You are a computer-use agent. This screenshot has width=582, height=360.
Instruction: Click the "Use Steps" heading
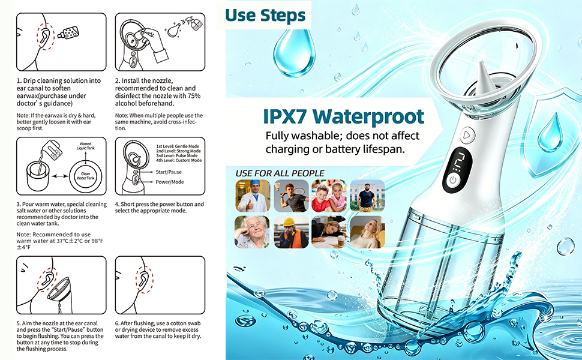tap(265, 16)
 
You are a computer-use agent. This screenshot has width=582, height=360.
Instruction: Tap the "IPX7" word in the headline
tap(285, 116)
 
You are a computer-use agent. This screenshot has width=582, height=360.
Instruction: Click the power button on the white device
tap(452, 181)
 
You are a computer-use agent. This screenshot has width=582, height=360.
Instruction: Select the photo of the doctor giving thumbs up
tap(253, 196)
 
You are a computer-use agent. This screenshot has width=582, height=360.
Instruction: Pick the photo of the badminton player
tap(292, 196)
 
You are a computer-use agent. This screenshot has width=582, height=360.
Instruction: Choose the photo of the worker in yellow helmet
tap(292, 232)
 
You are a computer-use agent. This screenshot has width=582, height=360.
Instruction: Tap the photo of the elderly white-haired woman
tap(253, 232)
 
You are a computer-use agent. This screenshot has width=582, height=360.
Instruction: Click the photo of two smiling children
tap(329, 196)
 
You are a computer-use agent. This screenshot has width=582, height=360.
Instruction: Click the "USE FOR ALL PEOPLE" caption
tap(280, 173)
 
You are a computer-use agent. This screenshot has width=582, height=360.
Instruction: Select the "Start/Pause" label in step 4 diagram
tap(169, 172)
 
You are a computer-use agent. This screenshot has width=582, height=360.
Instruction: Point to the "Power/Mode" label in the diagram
tap(170, 182)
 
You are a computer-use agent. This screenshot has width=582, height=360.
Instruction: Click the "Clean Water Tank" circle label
tap(86, 176)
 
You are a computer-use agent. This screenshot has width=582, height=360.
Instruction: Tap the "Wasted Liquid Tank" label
tap(86, 146)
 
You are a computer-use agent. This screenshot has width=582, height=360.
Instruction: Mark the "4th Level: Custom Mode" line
tap(179, 160)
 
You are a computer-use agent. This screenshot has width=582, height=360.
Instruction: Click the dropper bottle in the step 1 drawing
tap(68, 32)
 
